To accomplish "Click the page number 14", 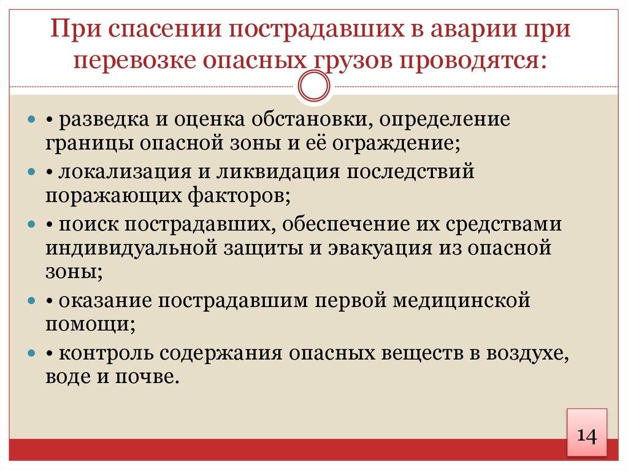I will [x=585, y=436].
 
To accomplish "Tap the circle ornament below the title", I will [x=314, y=86].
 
